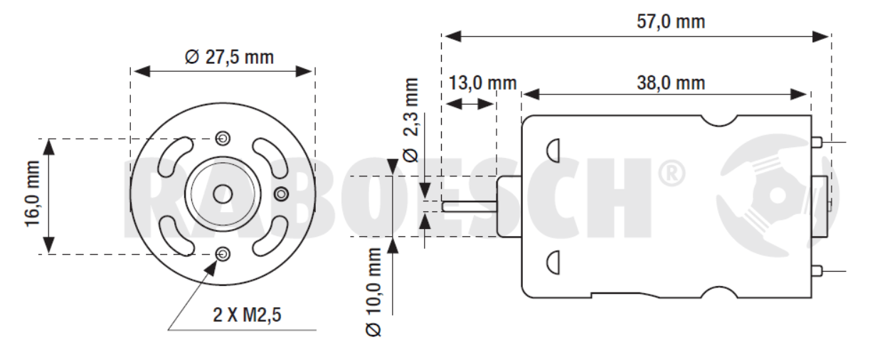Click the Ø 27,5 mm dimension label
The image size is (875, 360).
[229, 57]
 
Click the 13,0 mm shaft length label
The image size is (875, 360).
[482, 83]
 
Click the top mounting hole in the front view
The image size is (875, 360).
[223, 137]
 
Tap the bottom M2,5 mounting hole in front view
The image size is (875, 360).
[223, 253]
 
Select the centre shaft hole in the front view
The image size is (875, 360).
[223, 194]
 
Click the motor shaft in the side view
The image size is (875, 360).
[470, 207]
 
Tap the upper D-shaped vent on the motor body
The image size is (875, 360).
[553, 149]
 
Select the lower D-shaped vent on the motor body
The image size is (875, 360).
[553, 263]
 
